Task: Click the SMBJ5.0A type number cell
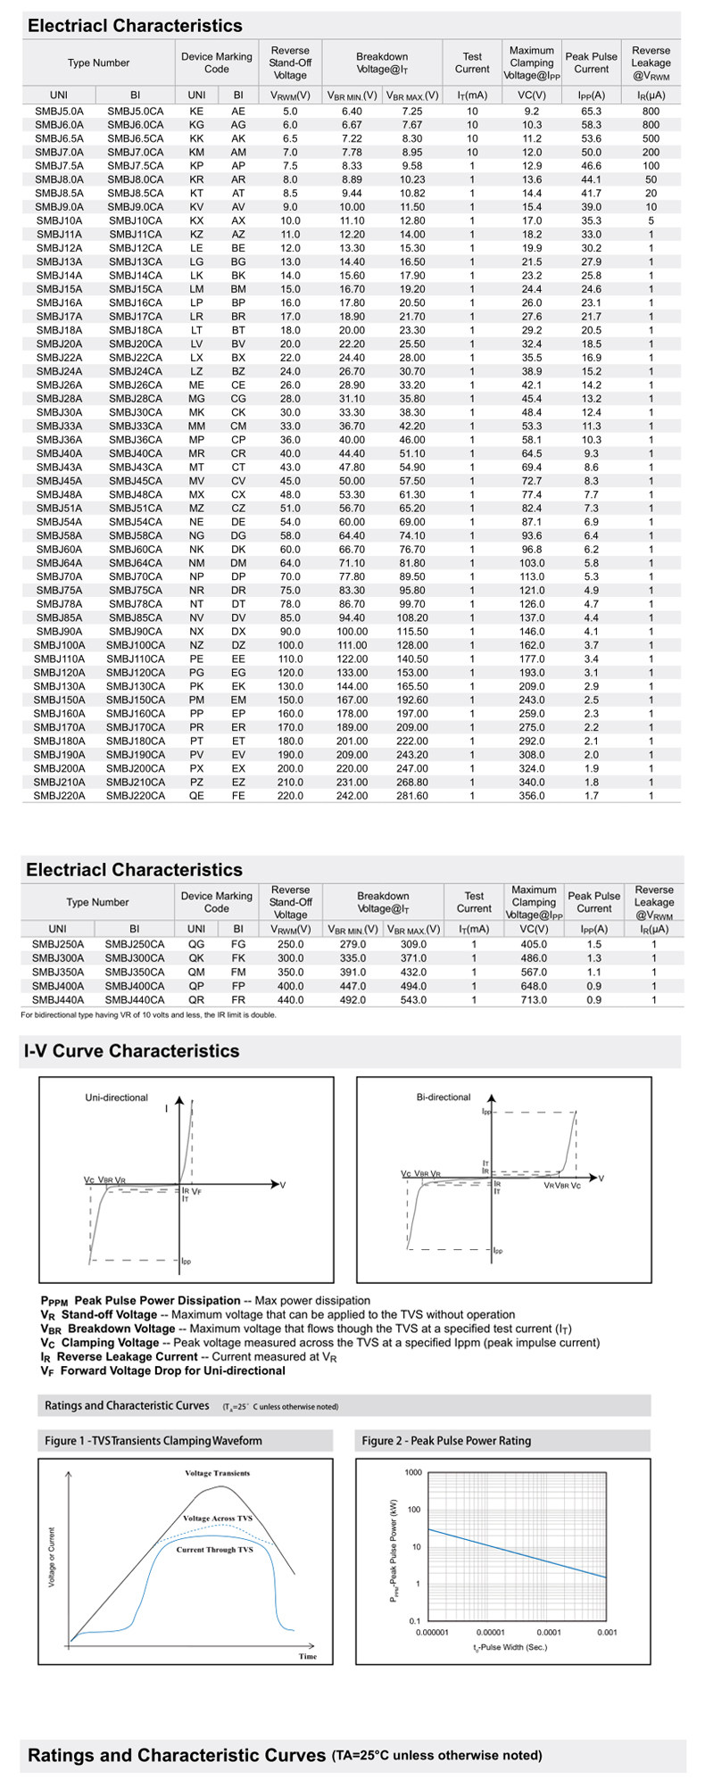coord(59,112)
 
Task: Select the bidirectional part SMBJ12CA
coord(136,248)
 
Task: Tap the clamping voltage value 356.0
coord(532,796)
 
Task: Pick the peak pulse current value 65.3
coord(591,112)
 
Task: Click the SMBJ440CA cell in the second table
coord(135,1000)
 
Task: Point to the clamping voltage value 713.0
coord(534,1000)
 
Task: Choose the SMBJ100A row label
coord(59,645)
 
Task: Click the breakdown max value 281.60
coord(411,796)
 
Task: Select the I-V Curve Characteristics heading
coord(132,1051)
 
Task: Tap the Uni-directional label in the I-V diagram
coord(116,1097)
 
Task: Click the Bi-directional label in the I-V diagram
coord(444,1097)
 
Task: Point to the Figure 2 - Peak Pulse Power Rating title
coord(446,1440)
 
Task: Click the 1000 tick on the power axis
coord(413,1472)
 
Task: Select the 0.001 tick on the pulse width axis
coord(607,1633)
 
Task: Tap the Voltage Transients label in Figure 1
coord(217,1473)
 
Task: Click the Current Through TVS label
coord(214,1550)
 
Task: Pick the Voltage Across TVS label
coord(217,1519)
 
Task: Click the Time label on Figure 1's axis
coord(307,1657)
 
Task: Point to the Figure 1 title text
coord(153,1440)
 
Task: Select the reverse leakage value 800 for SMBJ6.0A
coord(651,125)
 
